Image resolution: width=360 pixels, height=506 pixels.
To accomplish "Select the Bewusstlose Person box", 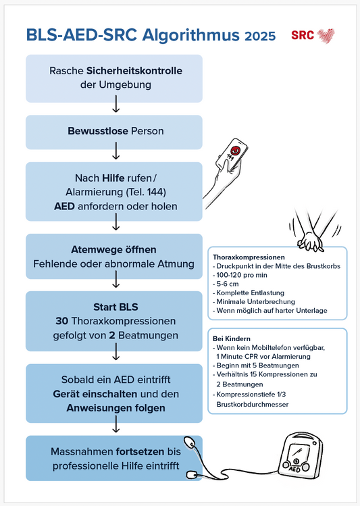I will click(x=114, y=131).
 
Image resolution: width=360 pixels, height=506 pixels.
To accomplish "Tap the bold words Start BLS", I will click(x=114, y=305).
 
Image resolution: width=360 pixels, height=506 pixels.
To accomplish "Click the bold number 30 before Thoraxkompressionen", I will click(x=66, y=320).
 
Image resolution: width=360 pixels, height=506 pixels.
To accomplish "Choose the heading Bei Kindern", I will click(x=232, y=338).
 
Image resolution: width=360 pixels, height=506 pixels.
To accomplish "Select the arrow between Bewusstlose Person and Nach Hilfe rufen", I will click(x=115, y=156).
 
